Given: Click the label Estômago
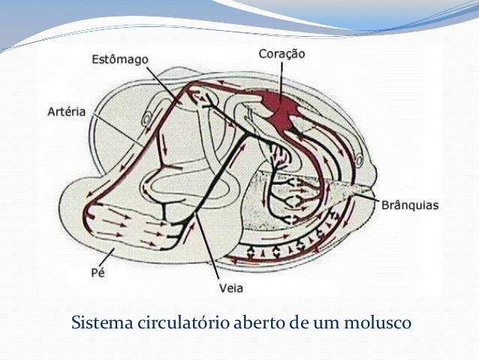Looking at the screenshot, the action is tap(121, 58).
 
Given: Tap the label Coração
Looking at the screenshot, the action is tap(282, 53).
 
